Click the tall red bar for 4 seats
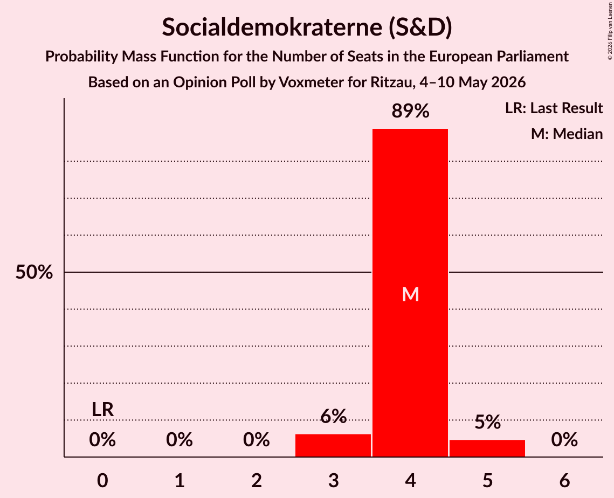(410, 293)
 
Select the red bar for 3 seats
(333, 445)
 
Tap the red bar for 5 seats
(487, 448)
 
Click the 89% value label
(410, 111)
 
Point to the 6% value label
(333, 416)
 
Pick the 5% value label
(487, 422)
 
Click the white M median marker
(410, 294)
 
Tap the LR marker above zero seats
(102, 410)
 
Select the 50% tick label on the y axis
(34, 272)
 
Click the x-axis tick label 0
(102, 480)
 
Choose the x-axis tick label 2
(257, 480)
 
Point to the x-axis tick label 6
(564, 480)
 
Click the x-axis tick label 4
(410, 480)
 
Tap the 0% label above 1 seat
(180, 440)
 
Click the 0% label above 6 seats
(564, 440)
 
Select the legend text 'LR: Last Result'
(554, 108)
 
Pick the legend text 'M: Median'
(567, 134)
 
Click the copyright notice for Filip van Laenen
(610, 31)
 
